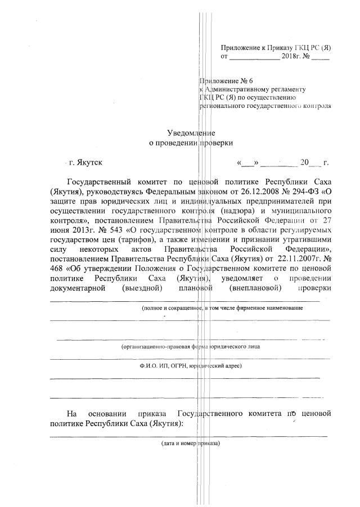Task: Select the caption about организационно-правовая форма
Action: (x=191, y=347)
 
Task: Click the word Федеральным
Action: (x=170, y=193)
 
